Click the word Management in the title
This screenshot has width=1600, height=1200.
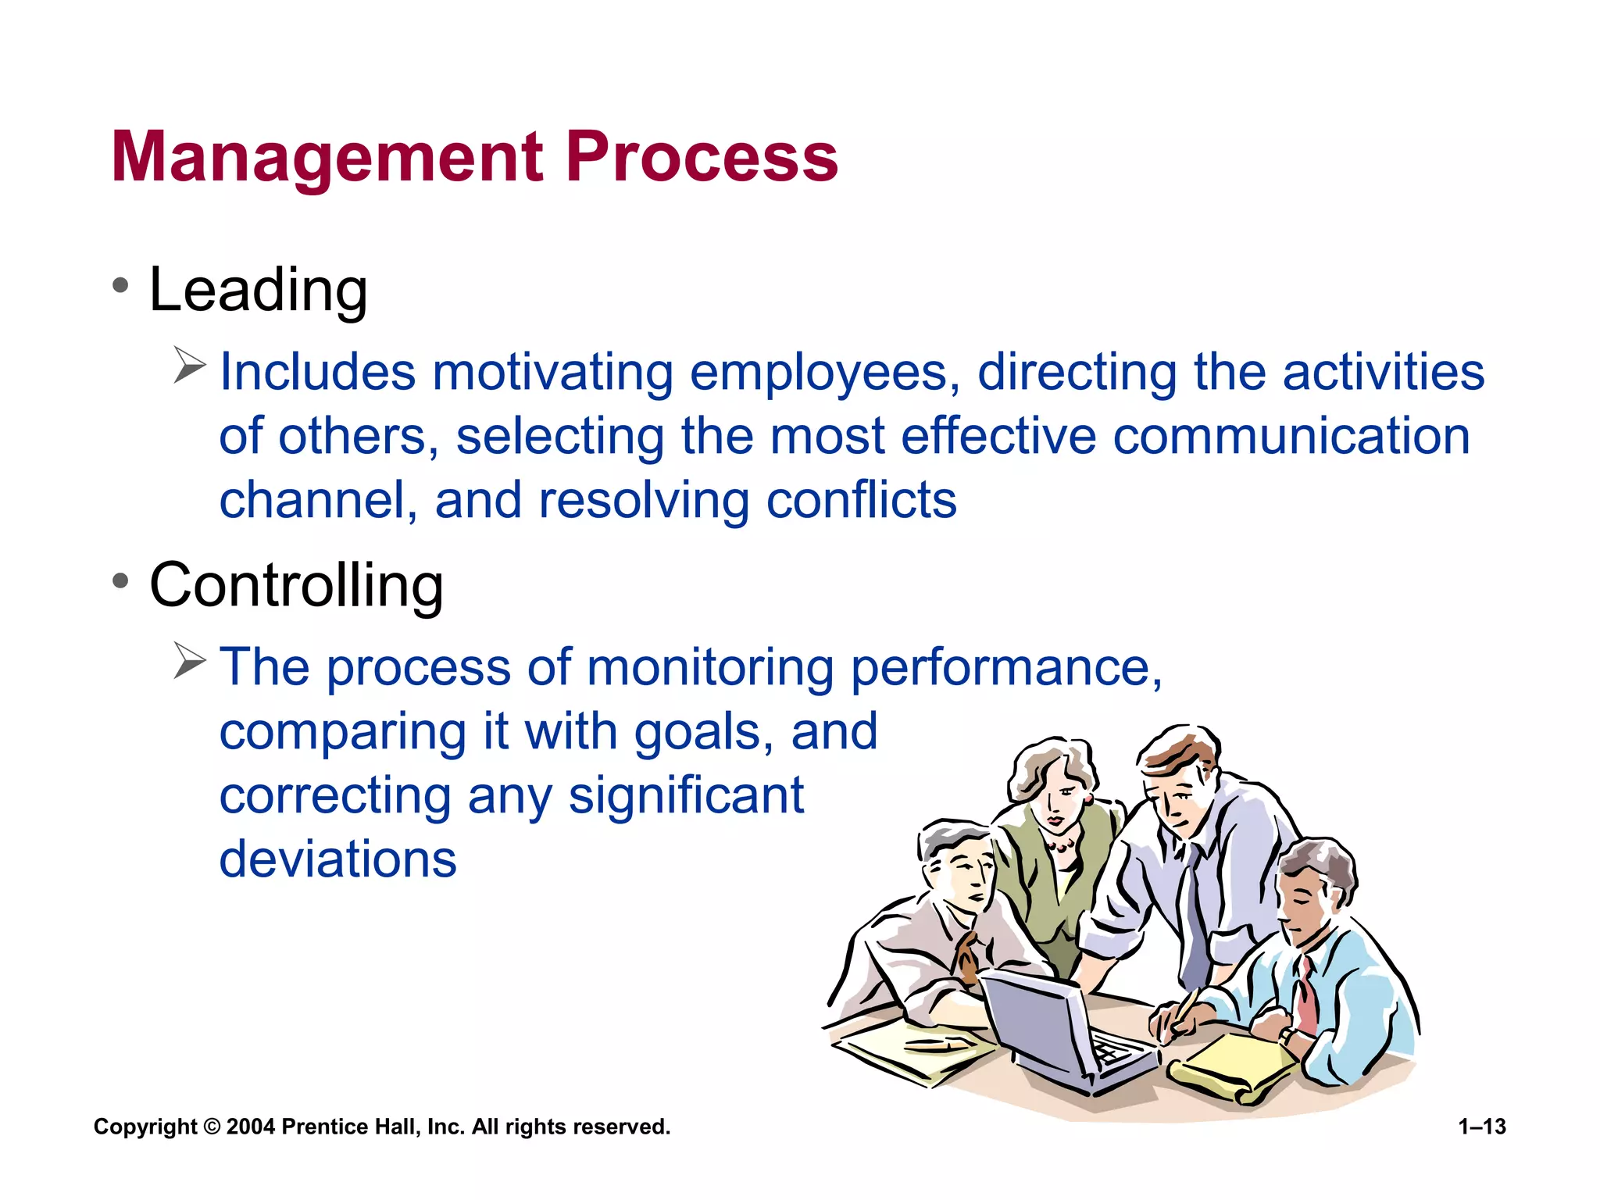tap(327, 158)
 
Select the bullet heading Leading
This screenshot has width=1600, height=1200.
tap(258, 290)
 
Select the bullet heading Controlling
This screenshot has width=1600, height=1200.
tap(296, 585)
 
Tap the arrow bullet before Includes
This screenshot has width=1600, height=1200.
tap(189, 366)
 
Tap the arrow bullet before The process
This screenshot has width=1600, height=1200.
tap(189, 661)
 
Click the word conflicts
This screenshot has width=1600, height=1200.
tap(861, 500)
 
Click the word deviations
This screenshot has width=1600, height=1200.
tap(337, 859)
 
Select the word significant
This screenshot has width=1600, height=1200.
tap(686, 795)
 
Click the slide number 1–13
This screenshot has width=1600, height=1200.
tap(1482, 1127)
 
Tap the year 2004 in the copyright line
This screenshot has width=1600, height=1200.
tap(250, 1127)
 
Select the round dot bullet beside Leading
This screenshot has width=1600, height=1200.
tap(120, 285)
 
